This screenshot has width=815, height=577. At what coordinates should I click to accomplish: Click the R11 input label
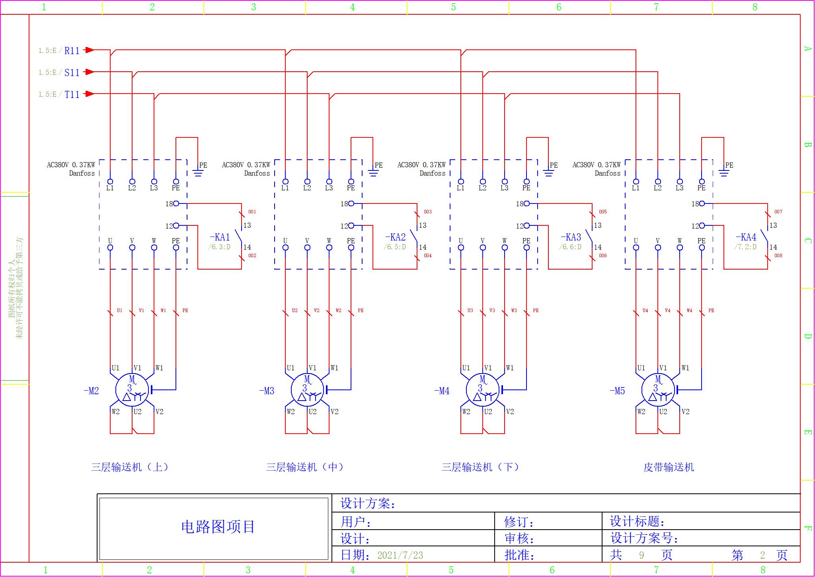coord(72,51)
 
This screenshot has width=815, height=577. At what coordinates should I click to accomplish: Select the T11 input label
coord(72,94)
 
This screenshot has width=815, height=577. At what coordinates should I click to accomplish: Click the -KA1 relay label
coord(220,237)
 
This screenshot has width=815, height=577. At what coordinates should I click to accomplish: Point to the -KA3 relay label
coord(571,237)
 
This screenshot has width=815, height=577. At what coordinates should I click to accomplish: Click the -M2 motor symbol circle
coord(132,390)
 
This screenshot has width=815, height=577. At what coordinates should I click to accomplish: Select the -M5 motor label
coord(617,391)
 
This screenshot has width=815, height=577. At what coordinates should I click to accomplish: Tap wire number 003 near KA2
coord(427,212)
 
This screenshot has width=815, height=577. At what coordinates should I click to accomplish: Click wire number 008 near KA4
coord(778,256)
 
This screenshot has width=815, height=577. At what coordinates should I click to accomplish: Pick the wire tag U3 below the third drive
coord(470,311)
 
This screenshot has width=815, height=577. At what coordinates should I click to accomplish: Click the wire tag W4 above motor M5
coord(689,311)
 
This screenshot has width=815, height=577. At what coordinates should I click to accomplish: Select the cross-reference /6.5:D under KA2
coord(395,247)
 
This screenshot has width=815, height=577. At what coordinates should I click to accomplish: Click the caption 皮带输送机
coord(669,467)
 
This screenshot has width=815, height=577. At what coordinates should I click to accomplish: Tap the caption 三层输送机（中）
coord(305,467)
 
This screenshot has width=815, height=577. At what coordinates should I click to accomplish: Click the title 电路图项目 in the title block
coord(218,527)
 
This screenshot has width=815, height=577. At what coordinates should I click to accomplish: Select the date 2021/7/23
coord(400,555)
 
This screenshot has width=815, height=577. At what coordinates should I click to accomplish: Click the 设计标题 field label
coord(637,521)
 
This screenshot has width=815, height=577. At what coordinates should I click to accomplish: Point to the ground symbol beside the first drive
coord(198,173)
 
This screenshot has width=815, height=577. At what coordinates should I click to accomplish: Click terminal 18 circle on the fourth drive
coord(702,203)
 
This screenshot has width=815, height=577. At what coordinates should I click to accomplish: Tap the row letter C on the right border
coord(807,241)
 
